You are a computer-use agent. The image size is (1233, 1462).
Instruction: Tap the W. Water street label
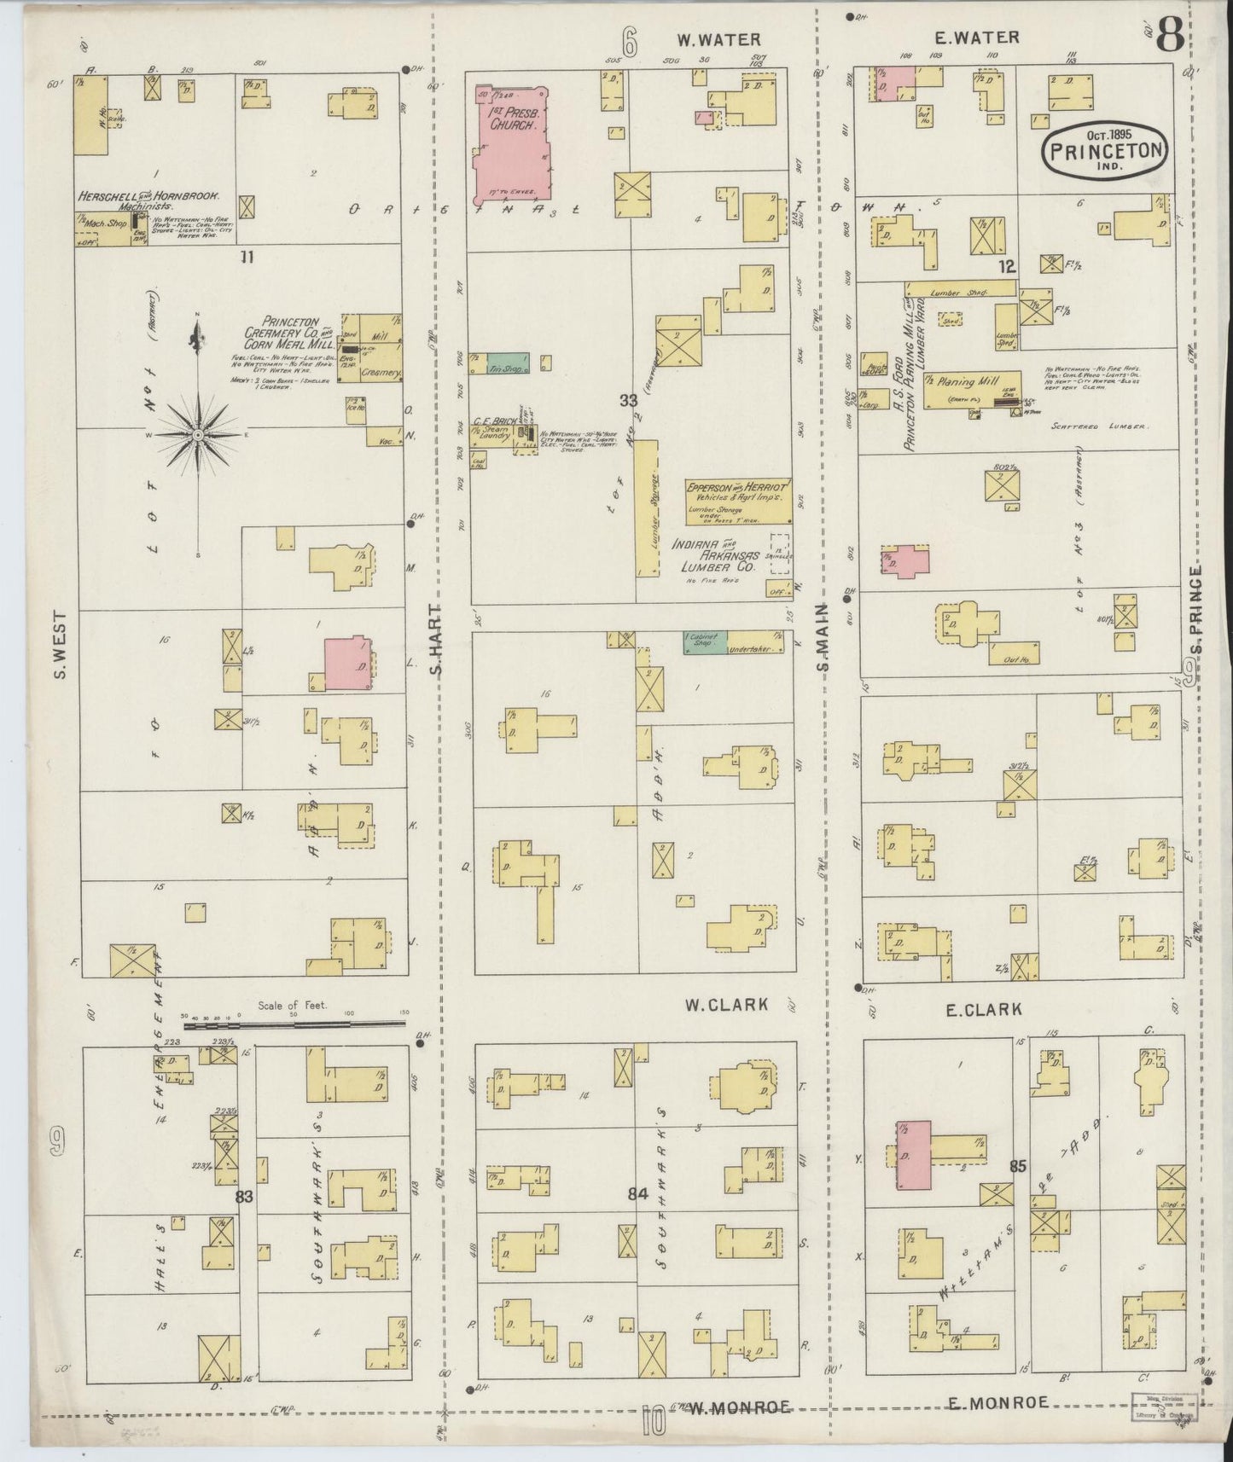coord(718,39)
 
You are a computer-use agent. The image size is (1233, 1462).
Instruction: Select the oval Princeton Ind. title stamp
coord(1104,148)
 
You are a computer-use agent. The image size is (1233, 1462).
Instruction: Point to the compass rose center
coord(198,435)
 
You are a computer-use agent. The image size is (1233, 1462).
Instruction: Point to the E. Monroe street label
coord(997,1401)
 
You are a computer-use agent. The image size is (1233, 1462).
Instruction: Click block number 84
coord(638,1193)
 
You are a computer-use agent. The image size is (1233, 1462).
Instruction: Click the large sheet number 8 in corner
coord(1170,37)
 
